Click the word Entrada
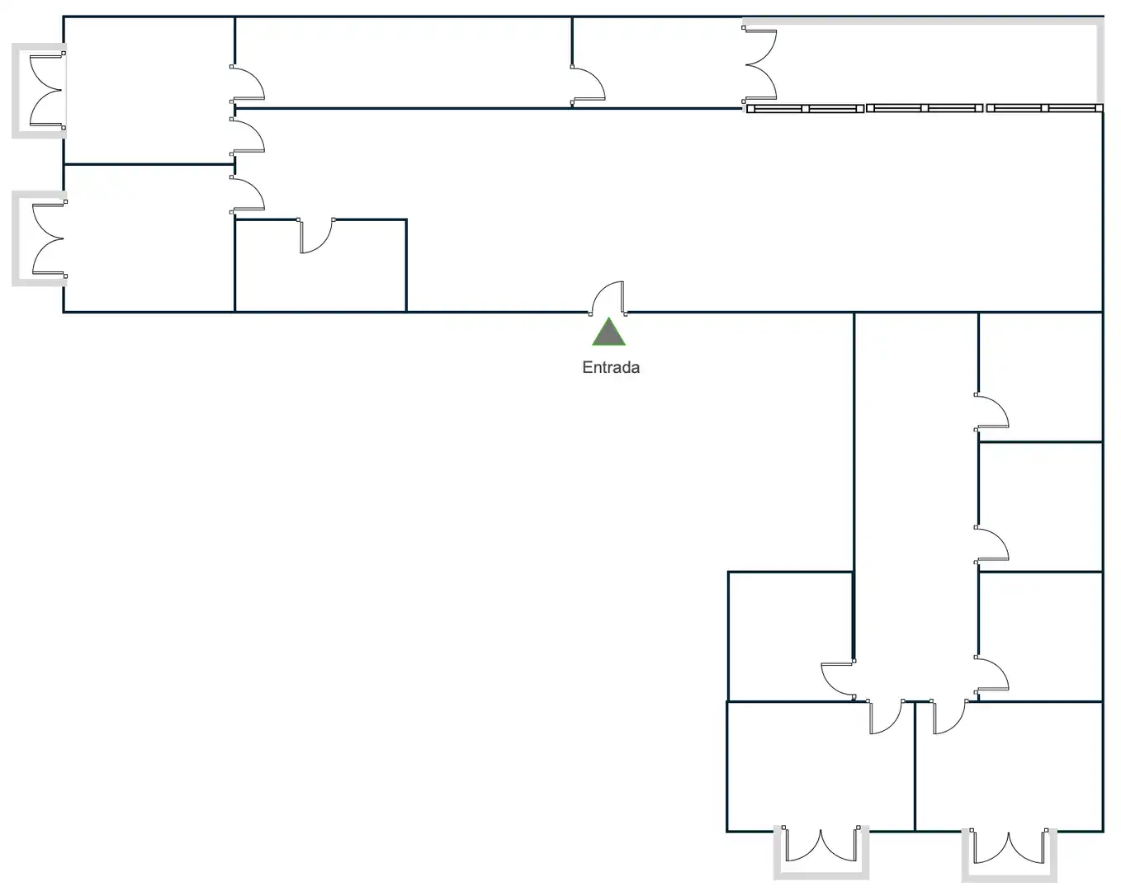(611, 367)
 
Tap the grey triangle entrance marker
(608, 332)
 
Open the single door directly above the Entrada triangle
(608, 299)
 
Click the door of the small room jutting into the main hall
(316, 235)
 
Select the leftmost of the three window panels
(805, 108)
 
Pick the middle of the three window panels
(924, 108)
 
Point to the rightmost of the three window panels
(1044, 108)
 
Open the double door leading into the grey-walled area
(759, 64)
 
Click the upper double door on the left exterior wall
(47, 90)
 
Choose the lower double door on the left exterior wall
(49, 238)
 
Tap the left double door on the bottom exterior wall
(821, 844)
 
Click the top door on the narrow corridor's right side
(991, 412)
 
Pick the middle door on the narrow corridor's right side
(991, 544)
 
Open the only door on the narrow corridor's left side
(839, 680)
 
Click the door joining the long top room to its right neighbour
(588, 85)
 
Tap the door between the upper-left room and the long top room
(247, 83)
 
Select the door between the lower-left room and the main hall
(247, 195)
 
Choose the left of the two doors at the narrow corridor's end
(885, 717)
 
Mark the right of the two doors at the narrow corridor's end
(949, 717)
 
